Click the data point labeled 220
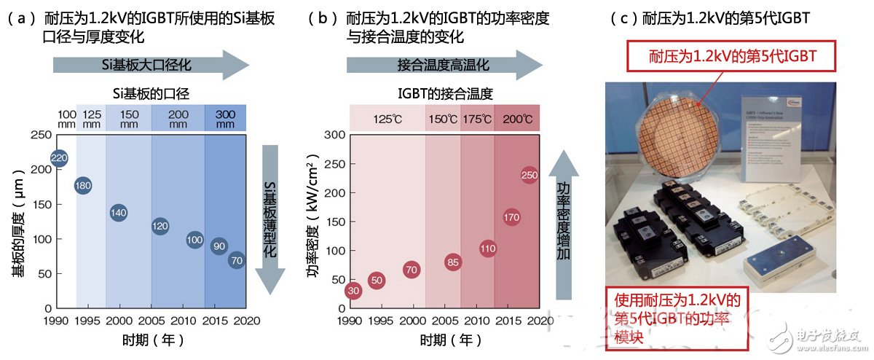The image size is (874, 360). [x=60, y=157]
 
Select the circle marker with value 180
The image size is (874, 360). [x=84, y=186]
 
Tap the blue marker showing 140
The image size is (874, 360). [x=119, y=213]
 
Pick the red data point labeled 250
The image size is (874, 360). [x=530, y=175]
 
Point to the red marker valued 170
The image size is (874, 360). [x=512, y=217]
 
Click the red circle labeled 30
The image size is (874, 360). [x=354, y=291]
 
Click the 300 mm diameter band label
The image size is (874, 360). [x=225, y=118]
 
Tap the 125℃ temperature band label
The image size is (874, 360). [x=387, y=119]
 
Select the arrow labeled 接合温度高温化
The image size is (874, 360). [x=444, y=64]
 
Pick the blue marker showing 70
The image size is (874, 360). [x=237, y=259]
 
